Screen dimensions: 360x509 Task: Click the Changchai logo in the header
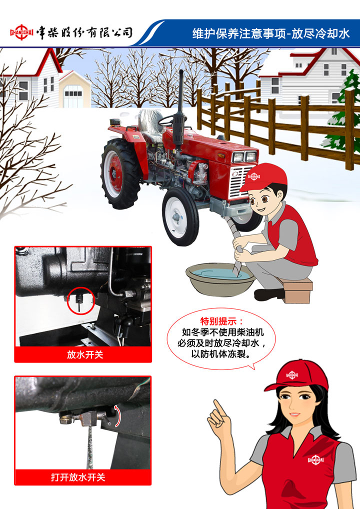click(x=21, y=32)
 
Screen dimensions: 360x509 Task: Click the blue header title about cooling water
click(x=270, y=33)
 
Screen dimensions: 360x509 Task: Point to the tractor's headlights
click(x=245, y=157)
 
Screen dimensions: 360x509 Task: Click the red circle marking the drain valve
click(x=80, y=300)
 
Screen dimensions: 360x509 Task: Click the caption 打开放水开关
click(x=78, y=477)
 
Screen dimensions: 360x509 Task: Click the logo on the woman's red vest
click(x=315, y=459)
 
